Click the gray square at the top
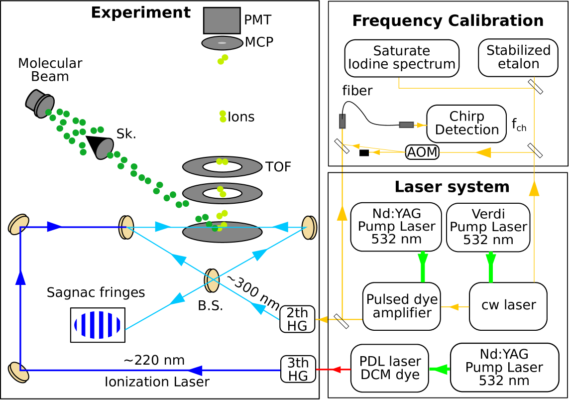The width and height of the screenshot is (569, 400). click(x=222, y=20)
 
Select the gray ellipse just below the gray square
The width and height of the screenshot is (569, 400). click(x=222, y=43)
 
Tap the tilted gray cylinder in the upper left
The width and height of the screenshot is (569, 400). click(x=40, y=104)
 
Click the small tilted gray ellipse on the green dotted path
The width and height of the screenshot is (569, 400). click(x=105, y=148)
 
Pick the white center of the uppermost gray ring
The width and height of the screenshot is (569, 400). click(x=222, y=167)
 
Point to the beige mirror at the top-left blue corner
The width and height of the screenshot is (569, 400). click(x=18, y=224)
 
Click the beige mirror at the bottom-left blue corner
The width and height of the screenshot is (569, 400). click(x=18, y=372)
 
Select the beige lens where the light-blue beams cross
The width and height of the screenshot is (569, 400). click(x=212, y=280)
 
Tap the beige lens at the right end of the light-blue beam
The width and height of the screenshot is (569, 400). click(x=309, y=228)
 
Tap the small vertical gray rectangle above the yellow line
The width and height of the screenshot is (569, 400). click(x=342, y=121)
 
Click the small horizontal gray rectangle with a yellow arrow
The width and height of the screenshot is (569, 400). click(x=406, y=125)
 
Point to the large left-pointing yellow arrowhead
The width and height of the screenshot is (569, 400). click(x=483, y=152)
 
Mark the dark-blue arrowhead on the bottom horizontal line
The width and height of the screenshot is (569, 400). click(x=195, y=371)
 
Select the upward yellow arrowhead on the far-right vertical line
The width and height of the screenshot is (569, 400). click(x=534, y=188)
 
